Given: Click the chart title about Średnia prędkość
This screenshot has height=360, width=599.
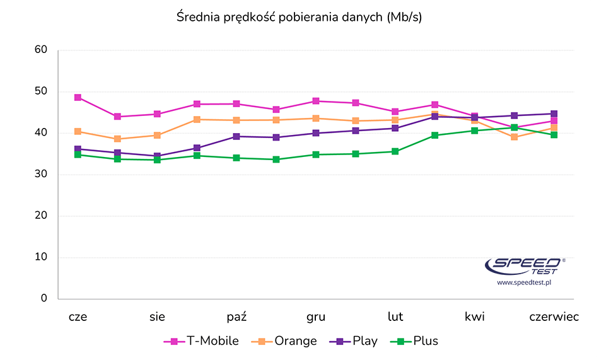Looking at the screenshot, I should point(299,18).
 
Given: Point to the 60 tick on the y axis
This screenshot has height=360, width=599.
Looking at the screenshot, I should point(41,50).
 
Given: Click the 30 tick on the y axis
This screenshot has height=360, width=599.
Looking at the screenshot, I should point(41,175).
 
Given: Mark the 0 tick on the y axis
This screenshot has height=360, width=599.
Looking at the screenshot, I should point(44,298).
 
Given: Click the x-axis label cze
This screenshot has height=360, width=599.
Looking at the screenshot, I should point(78,317).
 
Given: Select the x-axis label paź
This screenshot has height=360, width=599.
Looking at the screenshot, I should point(236,317).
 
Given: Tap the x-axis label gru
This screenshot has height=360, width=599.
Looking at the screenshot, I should point(316,317).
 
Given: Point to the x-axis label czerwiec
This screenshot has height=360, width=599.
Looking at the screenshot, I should point(554,317).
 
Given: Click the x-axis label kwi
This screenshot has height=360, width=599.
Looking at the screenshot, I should point(475,317).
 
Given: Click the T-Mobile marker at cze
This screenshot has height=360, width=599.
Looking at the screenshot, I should point(78,98).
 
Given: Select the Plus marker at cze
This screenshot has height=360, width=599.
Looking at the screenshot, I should point(78,154).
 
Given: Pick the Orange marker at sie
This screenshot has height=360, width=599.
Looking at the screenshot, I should point(157,136).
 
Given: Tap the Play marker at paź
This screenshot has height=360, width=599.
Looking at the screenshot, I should point(236,136).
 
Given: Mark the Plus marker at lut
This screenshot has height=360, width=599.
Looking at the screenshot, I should point(395,151).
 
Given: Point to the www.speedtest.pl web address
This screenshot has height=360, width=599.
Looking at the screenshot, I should point(525,284).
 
